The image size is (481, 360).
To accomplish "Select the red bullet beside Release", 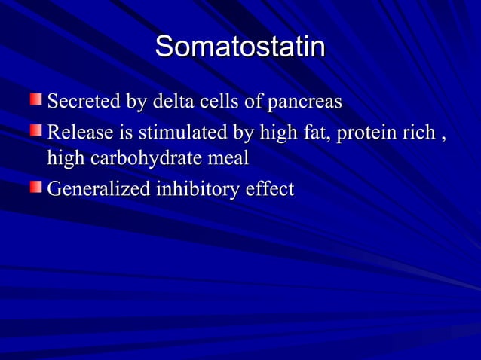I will [x=35, y=132].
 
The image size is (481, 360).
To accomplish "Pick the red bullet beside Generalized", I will [x=35, y=188].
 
